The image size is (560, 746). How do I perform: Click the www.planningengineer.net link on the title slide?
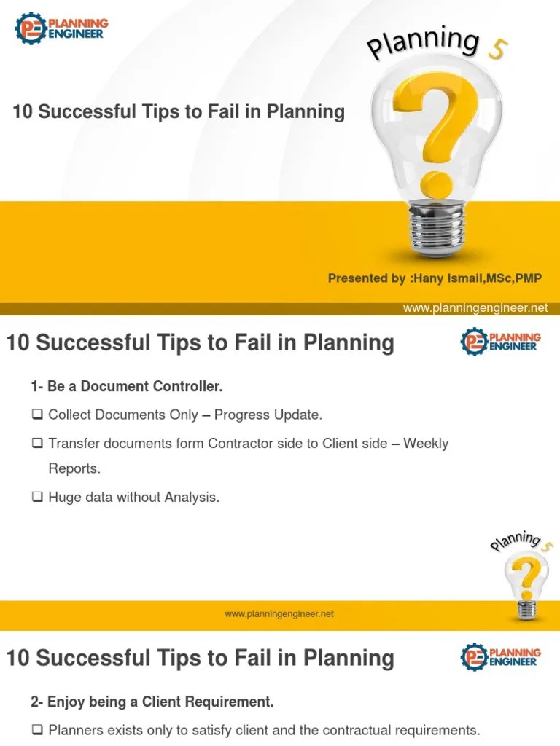coord(475,308)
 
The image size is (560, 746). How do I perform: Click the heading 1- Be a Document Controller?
coord(126,386)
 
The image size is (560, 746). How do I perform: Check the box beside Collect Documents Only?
coord(36,415)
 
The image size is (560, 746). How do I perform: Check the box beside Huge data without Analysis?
coord(36,498)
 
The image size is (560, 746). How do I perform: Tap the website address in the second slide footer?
coord(279,614)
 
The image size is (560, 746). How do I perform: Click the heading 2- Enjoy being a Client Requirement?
coord(152,702)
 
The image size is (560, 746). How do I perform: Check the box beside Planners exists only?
coord(36,730)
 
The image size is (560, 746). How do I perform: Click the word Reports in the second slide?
coord(74,468)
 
